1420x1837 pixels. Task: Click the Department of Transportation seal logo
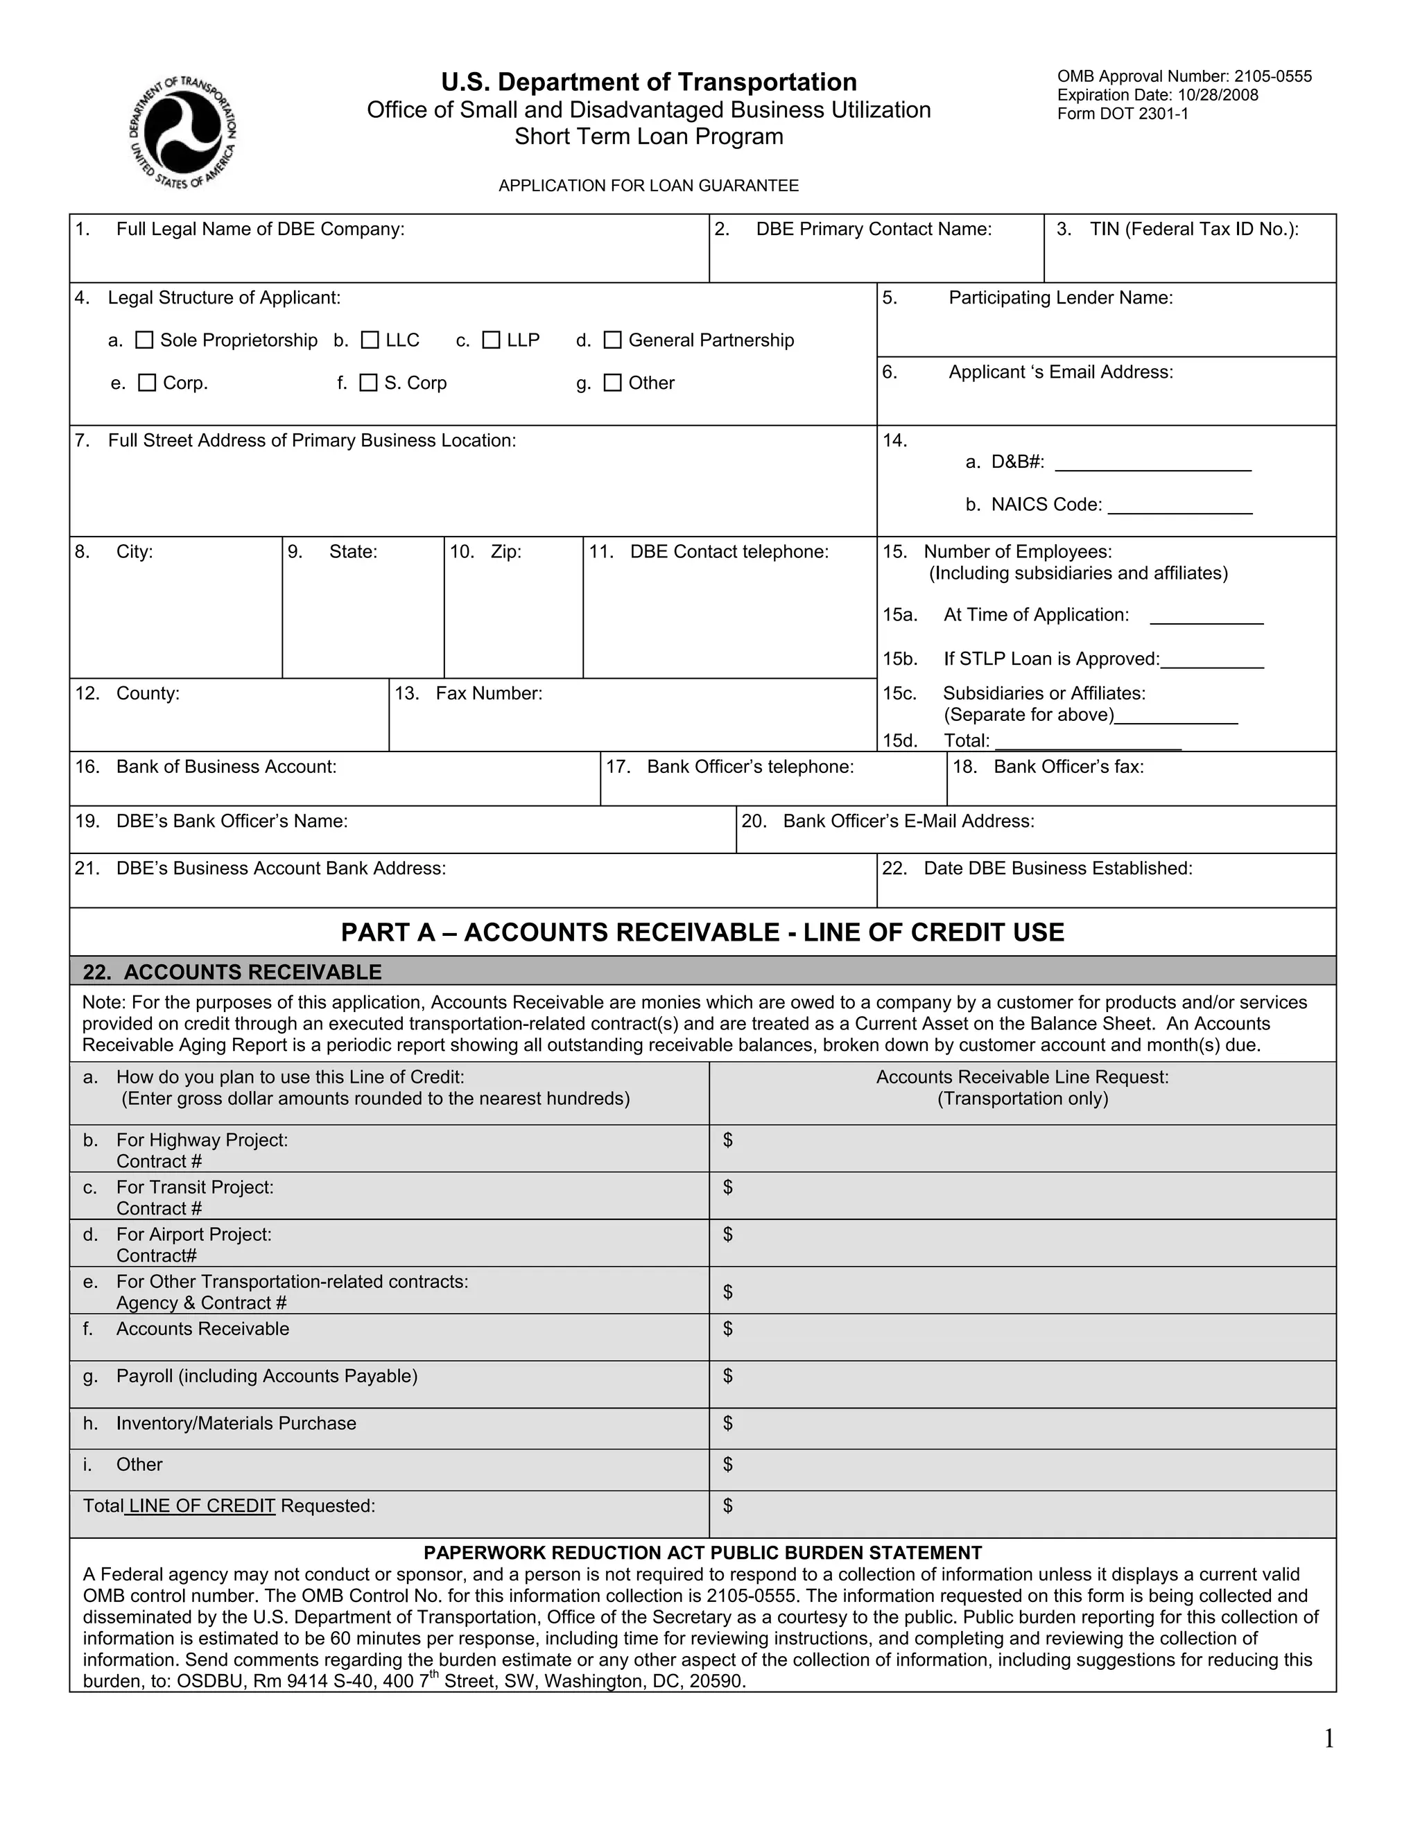pyautogui.click(x=182, y=132)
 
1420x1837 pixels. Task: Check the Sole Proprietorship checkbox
pyautogui.click(x=145, y=340)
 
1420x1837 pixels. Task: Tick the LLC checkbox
pyautogui.click(x=370, y=340)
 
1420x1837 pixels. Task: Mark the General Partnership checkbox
pyautogui.click(x=613, y=340)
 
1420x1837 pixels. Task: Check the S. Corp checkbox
pyautogui.click(x=368, y=383)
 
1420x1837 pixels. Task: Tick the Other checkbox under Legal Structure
pyautogui.click(x=613, y=383)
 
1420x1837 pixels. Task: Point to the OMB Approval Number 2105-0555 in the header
pyautogui.click(x=1184, y=76)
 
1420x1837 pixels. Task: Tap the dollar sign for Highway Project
pyautogui.click(x=727, y=1140)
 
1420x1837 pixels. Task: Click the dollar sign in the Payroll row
pyautogui.click(x=727, y=1375)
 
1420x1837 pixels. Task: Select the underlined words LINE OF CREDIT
pyautogui.click(x=201, y=1506)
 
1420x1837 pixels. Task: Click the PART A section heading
pyautogui.click(x=702, y=932)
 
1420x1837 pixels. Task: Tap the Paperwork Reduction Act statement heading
pyautogui.click(x=702, y=1553)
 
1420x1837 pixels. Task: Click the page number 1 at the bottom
pyautogui.click(x=1329, y=1739)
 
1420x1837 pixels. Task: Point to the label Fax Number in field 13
pyautogui.click(x=488, y=693)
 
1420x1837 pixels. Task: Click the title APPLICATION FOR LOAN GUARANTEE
pyautogui.click(x=648, y=186)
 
